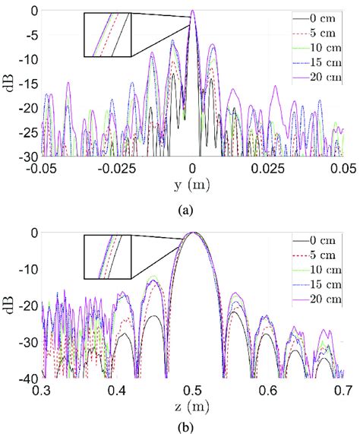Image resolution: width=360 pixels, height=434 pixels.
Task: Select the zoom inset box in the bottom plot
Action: pyautogui.click(x=107, y=257)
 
